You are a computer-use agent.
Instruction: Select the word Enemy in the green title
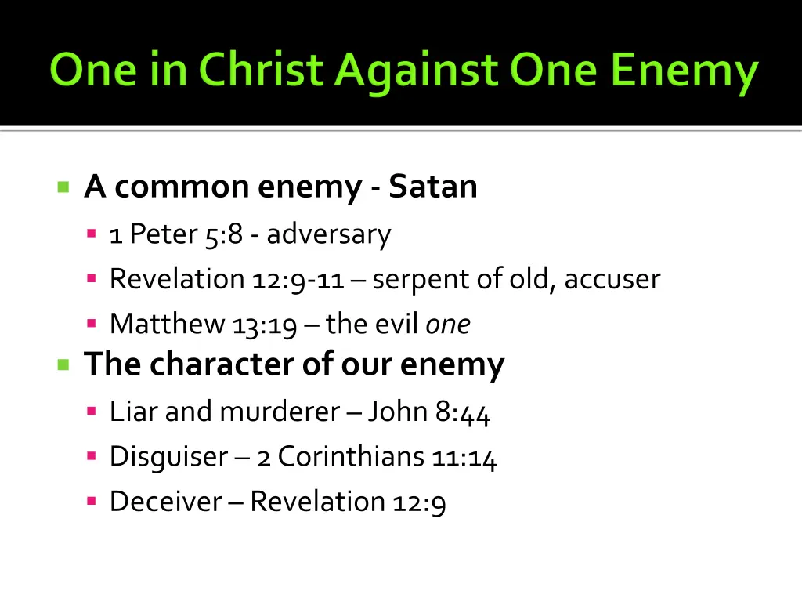click(x=684, y=71)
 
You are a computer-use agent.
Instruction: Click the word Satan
click(x=433, y=187)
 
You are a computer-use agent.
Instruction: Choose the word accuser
click(x=612, y=279)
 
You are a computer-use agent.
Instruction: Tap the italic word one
click(x=448, y=325)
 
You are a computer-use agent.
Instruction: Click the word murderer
click(x=280, y=412)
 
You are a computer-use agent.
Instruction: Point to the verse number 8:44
click(x=463, y=412)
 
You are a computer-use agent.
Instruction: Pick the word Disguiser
click(x=168, y=457)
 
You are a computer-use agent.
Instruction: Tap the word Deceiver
click(x=165, y=502)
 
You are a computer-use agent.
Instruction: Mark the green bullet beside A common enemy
click(x=63, y=187)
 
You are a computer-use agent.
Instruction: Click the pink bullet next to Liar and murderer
click(x=92, y=411)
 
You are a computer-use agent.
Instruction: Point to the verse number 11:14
click(x=464, y=457)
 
